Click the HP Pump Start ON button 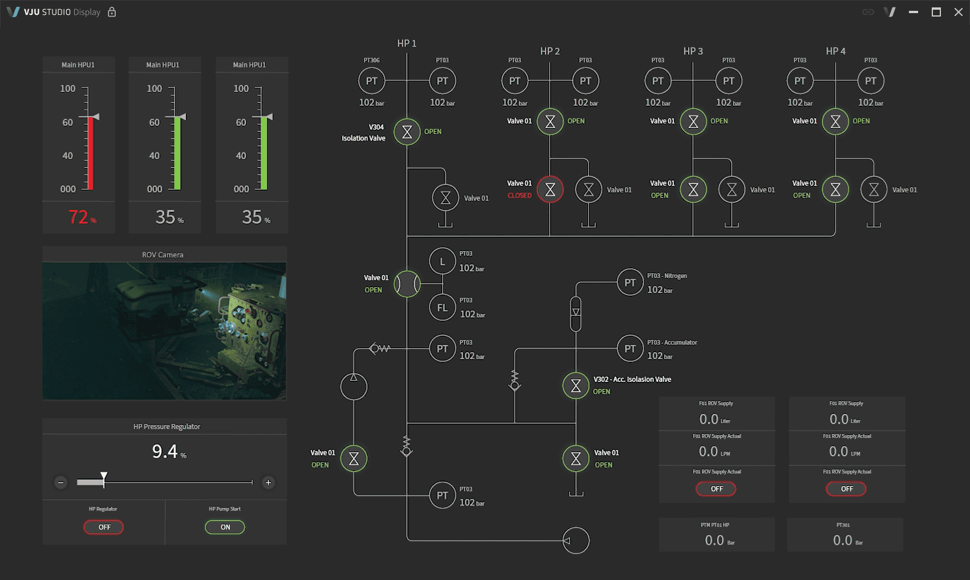coord(225,527)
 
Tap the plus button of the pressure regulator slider coord(268,482)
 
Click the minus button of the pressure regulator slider coord(61,482)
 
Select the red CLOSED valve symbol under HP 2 coord(550,190)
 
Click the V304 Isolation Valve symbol coord(407,132)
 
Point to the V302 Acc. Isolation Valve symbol coord(576,386)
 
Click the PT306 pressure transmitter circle coord(371,81)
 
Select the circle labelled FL coord(442,308)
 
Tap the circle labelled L coord(442,261)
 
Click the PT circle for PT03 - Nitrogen coord(630,283)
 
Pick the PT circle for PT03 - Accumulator coord(630,349)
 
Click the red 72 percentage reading coord(79,217)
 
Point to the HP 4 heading coord(835,51)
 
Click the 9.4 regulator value coord(165,452)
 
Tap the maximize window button coord(936,12)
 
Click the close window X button coord(959,12)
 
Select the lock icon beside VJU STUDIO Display coord(112,12)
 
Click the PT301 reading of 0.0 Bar coord(843,540)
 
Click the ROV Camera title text coord(163,255)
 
